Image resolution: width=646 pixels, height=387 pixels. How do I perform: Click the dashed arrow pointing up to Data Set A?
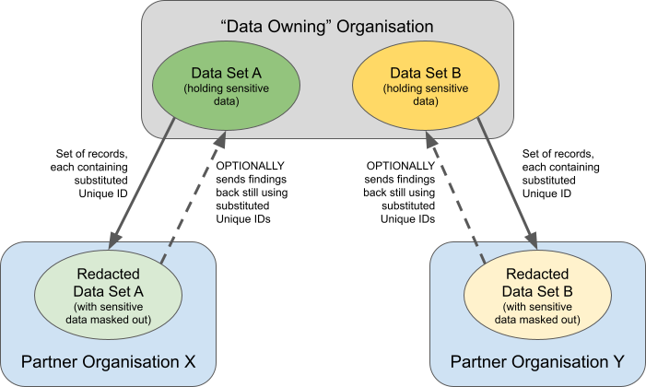193,198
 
